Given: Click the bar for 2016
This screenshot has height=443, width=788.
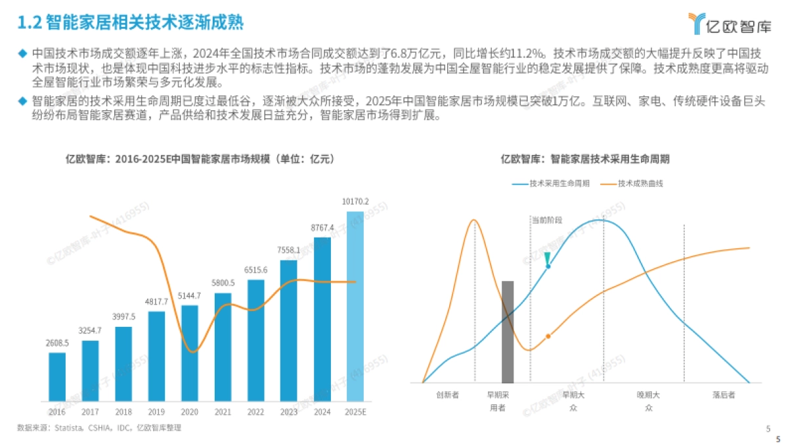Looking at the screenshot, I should tap(57, 377).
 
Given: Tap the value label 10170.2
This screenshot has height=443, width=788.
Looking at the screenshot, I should tap(355, 201).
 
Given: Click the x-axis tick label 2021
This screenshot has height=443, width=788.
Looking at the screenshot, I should tap(223, 411).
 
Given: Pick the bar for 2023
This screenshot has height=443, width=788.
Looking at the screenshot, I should tap(289, 331).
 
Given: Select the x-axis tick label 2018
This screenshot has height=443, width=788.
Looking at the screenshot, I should tap(123, 411).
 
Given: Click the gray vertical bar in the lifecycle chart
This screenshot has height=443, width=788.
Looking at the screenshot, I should tap(508, 331).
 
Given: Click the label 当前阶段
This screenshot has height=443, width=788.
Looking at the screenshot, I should tap(547, 220).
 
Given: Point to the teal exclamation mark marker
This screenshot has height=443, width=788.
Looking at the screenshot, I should tap(547, 259).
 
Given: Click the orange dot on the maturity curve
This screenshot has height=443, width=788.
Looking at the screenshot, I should tap(548, 336).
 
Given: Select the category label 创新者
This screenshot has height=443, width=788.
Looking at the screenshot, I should tap(447, 395).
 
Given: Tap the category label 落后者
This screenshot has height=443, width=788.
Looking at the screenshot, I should tap(723, 395).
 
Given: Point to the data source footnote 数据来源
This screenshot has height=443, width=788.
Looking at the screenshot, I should tap(98, 427).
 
